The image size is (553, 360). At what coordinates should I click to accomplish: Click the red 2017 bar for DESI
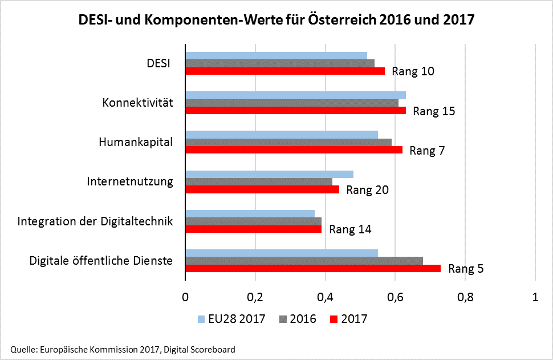[284, 71]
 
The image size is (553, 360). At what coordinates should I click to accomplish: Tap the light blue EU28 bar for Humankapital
[282, 134]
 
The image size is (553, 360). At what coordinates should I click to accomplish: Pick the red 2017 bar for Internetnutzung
[262, 189]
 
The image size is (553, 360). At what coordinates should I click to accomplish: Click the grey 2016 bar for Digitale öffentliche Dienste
[304, 260]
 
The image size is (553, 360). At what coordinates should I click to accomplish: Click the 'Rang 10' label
[413, 71]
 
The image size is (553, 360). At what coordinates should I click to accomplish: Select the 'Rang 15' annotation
[434, 111]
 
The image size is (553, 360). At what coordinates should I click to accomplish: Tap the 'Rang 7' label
[427, 151]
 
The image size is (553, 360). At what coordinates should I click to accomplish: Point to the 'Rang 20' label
[367, 190]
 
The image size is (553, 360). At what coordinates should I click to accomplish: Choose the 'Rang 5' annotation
[466, 268]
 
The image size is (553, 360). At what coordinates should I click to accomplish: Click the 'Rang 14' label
[350, 229]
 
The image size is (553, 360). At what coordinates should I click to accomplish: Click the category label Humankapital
[135, 142]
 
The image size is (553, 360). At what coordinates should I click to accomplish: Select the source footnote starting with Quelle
[123, 349]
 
